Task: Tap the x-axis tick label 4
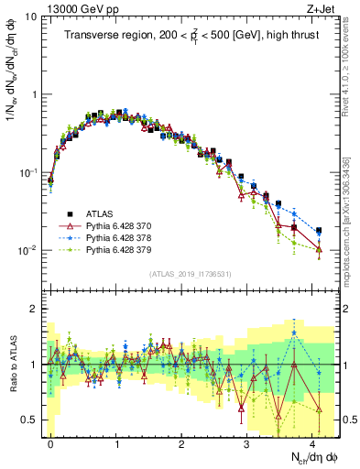(x=313, y=442)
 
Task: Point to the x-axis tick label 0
(x=50, y=442)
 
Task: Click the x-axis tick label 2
(x=181, y=442)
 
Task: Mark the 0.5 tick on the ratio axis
(x=29, y=420)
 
